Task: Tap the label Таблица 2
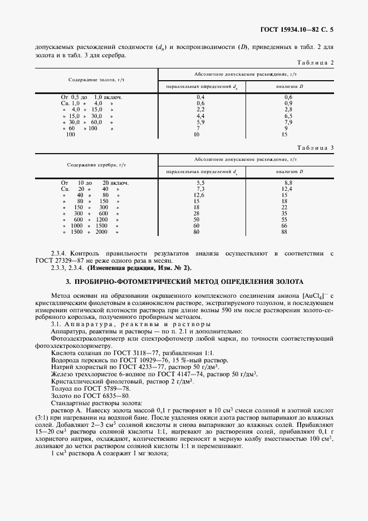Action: pos(315,62)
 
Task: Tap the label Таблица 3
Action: pos(315,148)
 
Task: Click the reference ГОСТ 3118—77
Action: pos(121,353)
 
